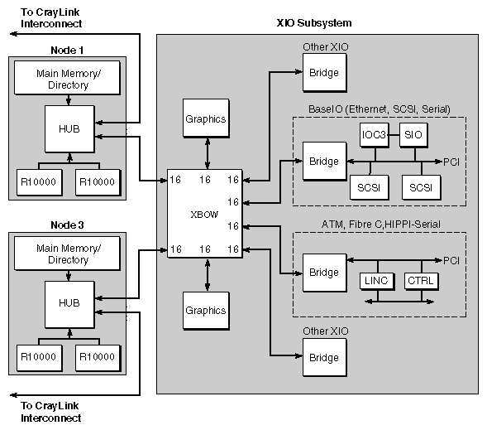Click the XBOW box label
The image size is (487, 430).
pos(203,214)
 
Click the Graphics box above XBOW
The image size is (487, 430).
pos(205,119)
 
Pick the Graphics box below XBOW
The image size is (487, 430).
pos(205,311)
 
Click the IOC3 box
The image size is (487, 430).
pos(375,134)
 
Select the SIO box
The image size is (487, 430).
pos(416,134)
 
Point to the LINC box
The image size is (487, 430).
pos(375,281)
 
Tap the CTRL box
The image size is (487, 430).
pos(420,281)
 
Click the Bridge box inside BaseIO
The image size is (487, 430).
pos(323,161)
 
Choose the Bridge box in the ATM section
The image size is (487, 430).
pos(323,273)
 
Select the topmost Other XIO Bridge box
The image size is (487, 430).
pos(323,73)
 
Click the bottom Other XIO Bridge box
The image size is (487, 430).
pos(323,358)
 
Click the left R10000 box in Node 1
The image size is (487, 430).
pos(36,179)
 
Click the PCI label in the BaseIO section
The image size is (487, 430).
pos(451,161)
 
